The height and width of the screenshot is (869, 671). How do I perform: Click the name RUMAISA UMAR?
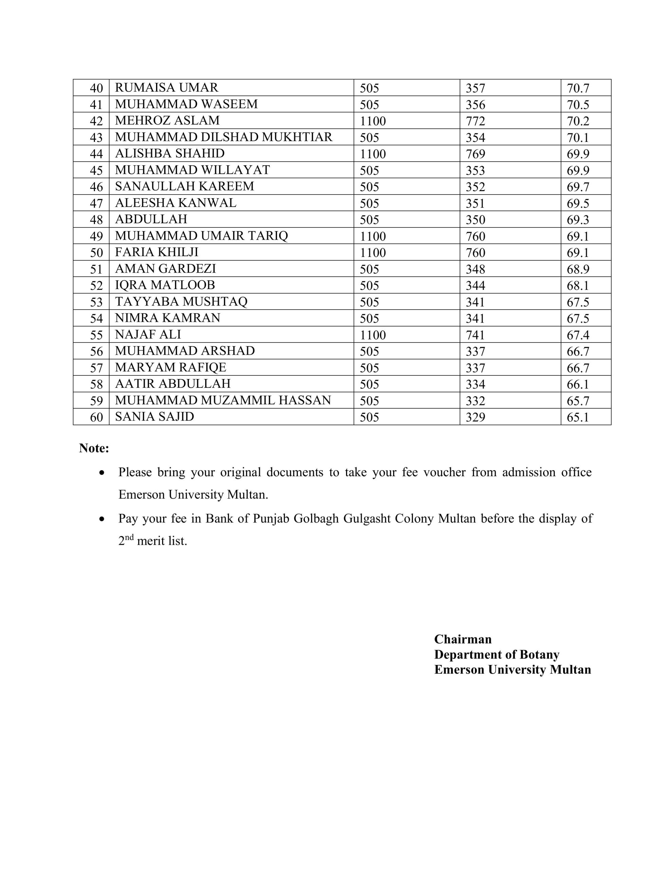pyautogui.click(x=166, y=88)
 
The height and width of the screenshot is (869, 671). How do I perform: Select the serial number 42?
pyautogui.click(x=96, y=121)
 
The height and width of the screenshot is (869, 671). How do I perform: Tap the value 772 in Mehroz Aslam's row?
pyautogui.click(x=475, y=121)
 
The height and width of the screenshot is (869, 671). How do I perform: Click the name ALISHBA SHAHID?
pyautogui.click(x=169, y=153)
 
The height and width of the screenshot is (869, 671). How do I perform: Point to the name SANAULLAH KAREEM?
pyautogui.click(x=184, y=187)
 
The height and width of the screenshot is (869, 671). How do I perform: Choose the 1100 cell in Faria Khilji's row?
pyautogui.click(x=373, y=253)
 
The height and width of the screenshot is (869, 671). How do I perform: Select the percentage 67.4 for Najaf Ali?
pyautogui.click(x=577, y=335)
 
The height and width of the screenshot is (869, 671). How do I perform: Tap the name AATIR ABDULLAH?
pyautogui.click(x=173, y=384)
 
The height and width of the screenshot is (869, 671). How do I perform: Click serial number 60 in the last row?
pyautogui.click(x=96, y=417)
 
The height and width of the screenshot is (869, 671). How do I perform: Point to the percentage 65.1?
pyautogui.click(x=577, y=417)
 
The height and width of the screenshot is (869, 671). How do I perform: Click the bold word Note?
pyautogui.click(x=94, y=448)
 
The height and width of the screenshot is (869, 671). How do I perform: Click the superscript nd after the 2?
pyautogui.click(x=129, y=538)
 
